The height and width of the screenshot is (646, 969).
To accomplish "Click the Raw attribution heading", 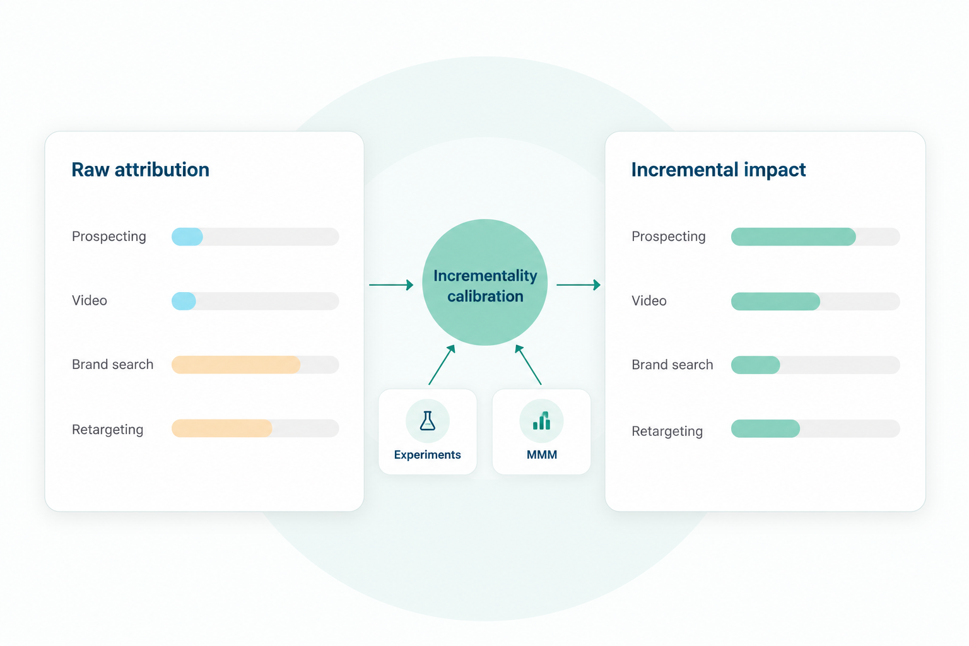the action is point(140,170).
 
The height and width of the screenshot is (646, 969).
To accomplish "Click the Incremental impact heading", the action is point(718,170).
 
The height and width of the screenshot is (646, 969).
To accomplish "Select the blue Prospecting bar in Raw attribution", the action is point(187,237).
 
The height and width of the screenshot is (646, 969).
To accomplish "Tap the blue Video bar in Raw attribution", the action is point(184,301).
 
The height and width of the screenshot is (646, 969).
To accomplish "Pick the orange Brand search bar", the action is point(236,365).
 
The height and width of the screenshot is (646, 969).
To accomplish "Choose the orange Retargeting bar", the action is point(222,428).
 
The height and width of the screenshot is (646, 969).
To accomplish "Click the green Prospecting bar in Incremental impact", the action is point(794,237).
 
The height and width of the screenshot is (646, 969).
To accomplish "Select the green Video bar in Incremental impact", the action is point(775,301).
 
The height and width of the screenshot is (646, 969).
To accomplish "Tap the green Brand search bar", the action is point(755,365).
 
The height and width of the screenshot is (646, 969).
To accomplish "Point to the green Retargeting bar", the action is point(765,428).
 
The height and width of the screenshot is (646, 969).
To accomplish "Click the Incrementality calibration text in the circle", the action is point(485,286).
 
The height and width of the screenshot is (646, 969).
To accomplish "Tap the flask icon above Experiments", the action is point(427,421).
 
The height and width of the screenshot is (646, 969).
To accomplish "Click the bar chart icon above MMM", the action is point(542,421).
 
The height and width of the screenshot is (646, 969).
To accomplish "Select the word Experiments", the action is point(427,455).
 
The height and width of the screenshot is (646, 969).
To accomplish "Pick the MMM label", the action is point(542,455).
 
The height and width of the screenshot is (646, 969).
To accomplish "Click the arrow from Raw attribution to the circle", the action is point(391,285).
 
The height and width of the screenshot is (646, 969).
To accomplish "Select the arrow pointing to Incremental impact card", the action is point(578,285).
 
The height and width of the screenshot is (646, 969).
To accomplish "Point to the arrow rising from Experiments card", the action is point(442,365).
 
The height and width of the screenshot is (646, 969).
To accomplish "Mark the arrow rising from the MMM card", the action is point(528,365).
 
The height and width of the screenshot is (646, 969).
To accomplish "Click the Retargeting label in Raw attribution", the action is point(107,430).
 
